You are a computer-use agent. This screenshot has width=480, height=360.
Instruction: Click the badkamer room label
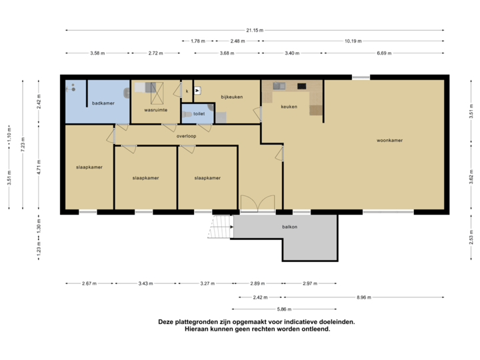tap(103, 103)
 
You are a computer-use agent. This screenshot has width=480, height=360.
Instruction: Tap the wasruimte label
tap(155, 109)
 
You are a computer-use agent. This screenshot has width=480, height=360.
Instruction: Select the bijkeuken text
tap(231, 97)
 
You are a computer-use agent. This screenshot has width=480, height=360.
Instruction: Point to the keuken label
tap(289, 107)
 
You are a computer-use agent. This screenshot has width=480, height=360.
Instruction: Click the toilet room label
tap(198, 114)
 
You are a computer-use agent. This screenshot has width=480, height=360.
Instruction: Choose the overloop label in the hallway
tap(186, 136)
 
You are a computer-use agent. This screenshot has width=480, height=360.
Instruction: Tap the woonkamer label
tap(389, 141)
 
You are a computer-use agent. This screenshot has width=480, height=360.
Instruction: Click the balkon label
tap(289, 227)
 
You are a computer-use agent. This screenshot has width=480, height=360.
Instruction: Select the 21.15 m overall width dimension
tap(255, 30)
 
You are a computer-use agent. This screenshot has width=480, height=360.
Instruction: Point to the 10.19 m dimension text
tap(353, 41)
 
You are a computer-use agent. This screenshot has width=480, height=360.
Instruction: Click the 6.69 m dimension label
tap(384, 53)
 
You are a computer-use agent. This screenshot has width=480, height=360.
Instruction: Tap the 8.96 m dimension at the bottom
tap(364, 297)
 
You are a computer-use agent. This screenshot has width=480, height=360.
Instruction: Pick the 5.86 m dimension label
tap(285, 309)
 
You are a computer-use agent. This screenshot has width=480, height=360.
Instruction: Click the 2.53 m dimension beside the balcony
tap(471, 237)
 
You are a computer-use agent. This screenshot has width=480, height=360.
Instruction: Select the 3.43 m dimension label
tap(145, 283)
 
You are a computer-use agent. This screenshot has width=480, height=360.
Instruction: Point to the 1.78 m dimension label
tap(198, 41)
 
